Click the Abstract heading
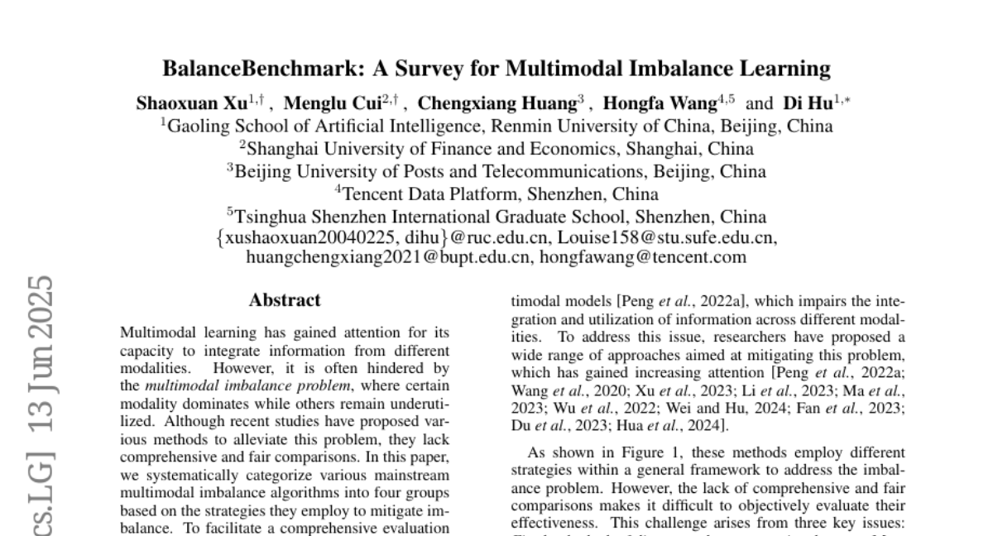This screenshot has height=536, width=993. tap(285, 300)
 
